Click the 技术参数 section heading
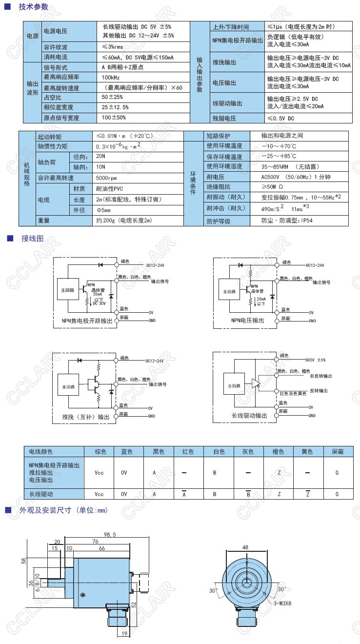(33, 7)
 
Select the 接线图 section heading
(32, 239)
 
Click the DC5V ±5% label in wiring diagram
(315, 360)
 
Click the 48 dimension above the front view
(245, 547)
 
